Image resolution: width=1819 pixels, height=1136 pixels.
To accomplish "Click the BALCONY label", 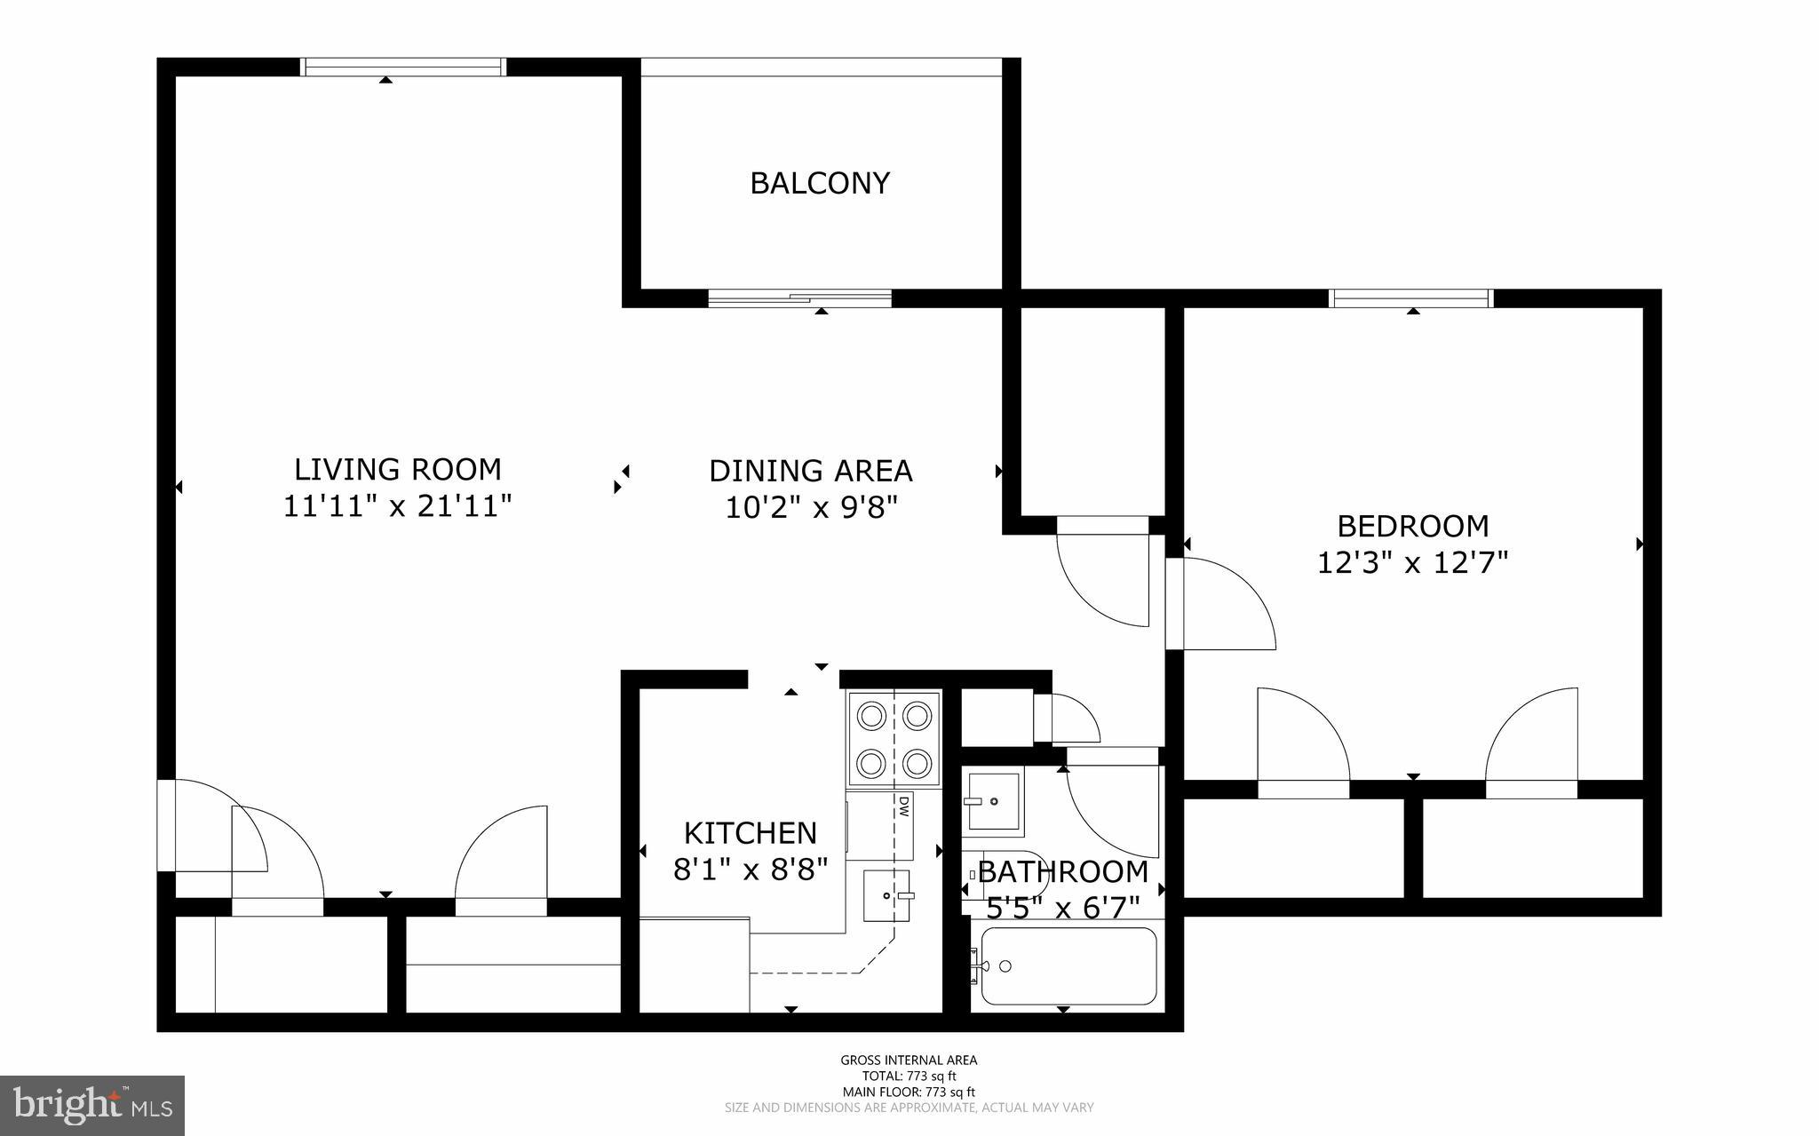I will pos(819,183).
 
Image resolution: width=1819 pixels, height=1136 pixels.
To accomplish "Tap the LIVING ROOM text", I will pos(398,469).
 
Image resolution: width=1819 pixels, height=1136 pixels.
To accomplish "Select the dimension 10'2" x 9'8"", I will pos(811,508).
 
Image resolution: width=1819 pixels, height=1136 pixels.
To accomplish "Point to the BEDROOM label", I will pos(1412,526).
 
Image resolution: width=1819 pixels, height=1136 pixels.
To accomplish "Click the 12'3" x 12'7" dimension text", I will pos(1412,563).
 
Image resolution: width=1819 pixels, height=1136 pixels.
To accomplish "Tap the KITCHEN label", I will pos(750,833).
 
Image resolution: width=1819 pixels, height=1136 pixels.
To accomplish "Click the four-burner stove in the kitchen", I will pos(894,738).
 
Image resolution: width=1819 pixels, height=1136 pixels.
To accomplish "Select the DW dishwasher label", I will pos(903,806).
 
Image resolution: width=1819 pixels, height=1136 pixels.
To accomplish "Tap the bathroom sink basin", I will pos(993,801).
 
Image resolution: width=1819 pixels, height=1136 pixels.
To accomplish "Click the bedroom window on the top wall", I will pos(1410,298).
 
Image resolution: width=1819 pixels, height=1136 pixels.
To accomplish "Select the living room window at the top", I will pos(402,68).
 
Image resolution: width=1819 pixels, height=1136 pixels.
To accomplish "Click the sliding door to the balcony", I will pos(799,298).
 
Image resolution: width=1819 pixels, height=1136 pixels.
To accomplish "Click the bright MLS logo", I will pos(92,1105).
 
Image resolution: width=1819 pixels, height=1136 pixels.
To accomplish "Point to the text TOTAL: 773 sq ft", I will pos(909,1076).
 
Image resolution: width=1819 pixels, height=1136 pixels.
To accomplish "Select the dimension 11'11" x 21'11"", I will pos(398,506).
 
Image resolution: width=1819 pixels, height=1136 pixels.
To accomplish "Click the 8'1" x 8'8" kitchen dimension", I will pos(750,870).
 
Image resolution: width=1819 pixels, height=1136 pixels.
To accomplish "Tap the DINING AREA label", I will pos(810,471).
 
